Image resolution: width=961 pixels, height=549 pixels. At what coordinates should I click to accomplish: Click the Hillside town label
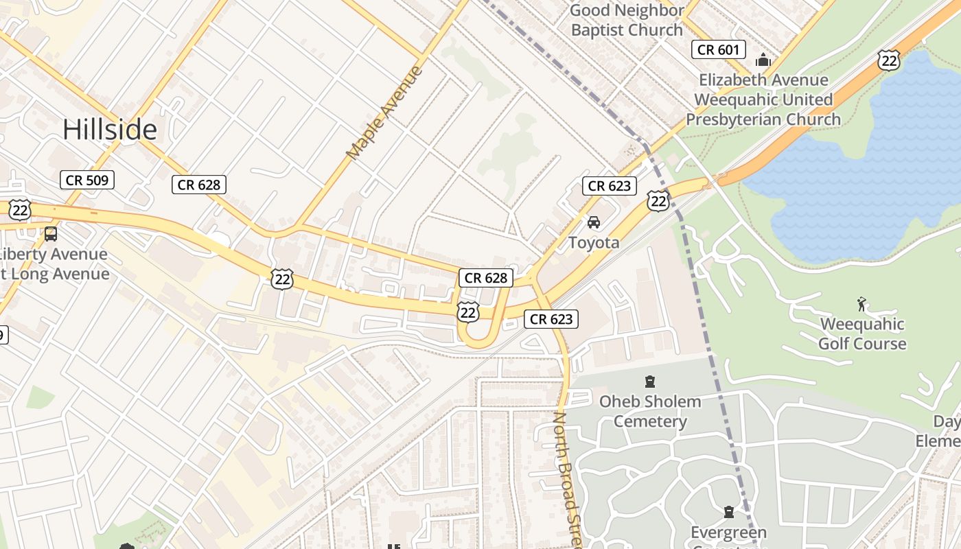(x=110, y=129)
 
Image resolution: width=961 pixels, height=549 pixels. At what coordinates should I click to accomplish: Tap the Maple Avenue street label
(x=384, y=113)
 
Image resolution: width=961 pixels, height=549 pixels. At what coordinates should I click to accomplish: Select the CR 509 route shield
(x=87, y=180)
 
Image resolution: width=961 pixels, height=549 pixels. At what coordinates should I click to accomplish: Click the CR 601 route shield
(x=718, y=49)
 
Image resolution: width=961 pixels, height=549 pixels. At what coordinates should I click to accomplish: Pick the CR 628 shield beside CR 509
(x=198, y=184)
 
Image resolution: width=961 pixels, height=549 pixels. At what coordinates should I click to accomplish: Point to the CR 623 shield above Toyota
(x=610, y=185)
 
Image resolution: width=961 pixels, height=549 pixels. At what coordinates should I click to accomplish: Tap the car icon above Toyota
(x=594, y=222)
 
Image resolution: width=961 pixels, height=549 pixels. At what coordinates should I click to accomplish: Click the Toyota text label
(x=594, y=242)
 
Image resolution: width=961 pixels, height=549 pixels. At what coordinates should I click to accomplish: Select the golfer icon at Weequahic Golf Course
(x=862, y=303)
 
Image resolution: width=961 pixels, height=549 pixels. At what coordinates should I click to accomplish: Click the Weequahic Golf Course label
(x=862, y=334)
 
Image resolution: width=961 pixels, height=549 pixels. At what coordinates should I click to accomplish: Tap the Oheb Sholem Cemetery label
(x=650, y=411)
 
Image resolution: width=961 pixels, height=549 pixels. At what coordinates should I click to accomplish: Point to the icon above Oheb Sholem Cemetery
(x=649, y=382)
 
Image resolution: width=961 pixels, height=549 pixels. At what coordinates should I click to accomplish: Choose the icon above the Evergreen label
(x=728, y=512)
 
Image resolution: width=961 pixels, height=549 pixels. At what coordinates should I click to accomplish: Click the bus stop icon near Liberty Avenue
(x=51, y=233)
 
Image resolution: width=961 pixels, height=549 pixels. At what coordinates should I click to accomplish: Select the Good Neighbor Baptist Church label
(x=627, y=20)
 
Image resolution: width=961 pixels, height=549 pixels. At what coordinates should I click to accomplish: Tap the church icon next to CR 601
(x=763, y=60)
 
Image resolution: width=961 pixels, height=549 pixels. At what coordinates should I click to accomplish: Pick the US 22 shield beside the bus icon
(x=19, y=210)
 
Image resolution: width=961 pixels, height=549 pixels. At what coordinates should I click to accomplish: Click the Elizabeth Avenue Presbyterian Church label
(x=763, y=100)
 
